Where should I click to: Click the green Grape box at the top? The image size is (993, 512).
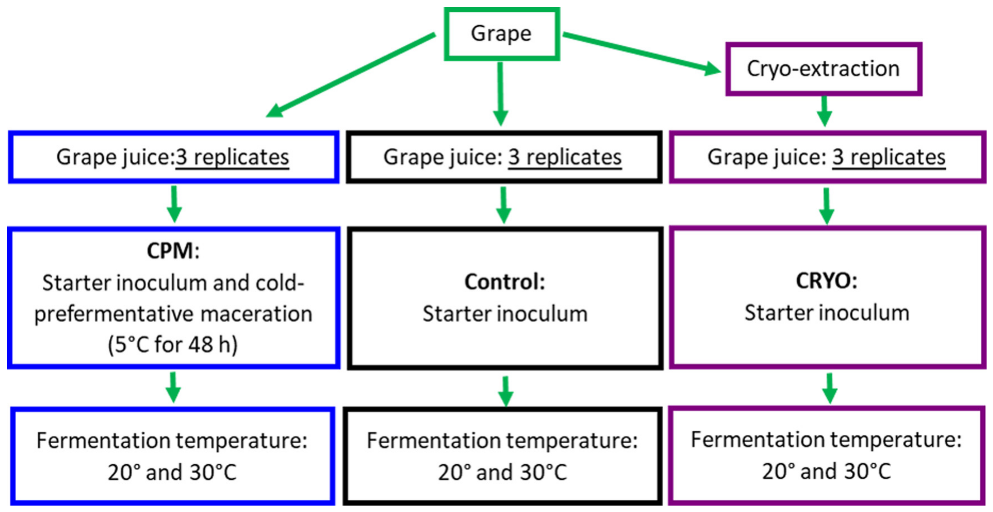pos(501,34)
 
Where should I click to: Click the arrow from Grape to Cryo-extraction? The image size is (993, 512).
pos(640,53)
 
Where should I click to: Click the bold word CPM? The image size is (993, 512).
pos(170,251)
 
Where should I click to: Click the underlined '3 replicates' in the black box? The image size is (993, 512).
pos(565,157)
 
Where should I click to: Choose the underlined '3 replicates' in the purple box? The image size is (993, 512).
pos(889,157)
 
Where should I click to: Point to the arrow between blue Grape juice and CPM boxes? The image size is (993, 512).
pos(174,204)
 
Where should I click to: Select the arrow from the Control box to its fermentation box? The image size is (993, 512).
pos(505,391)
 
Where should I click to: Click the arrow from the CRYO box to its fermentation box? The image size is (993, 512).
pos(830,388)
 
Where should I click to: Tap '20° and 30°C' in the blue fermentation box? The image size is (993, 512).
pos(172,472)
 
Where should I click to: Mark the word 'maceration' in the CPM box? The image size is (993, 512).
pos(256,314)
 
